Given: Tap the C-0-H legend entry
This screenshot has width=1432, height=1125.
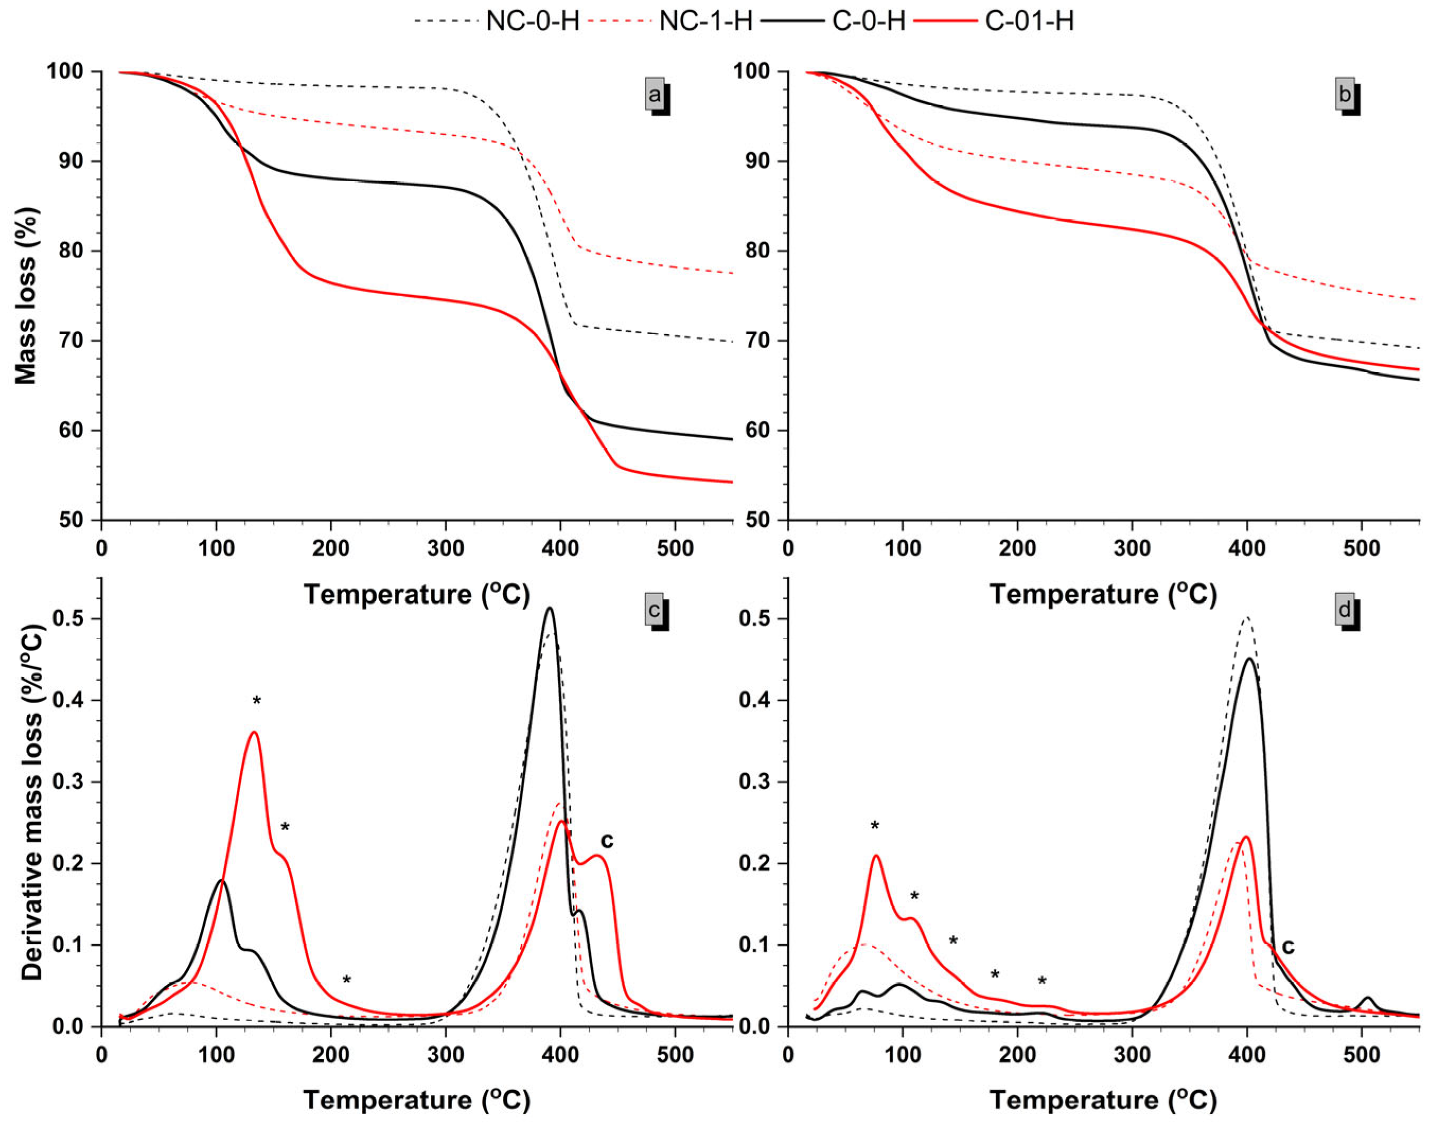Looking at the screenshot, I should point(868,22).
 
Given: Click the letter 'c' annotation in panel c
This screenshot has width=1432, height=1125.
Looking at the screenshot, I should point(607,840).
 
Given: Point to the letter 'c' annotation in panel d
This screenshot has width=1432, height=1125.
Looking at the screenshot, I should point(1287,947).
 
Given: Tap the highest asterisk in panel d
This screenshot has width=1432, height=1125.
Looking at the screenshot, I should point(875,827).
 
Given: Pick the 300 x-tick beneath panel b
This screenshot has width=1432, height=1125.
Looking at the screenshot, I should point(1132,548).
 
